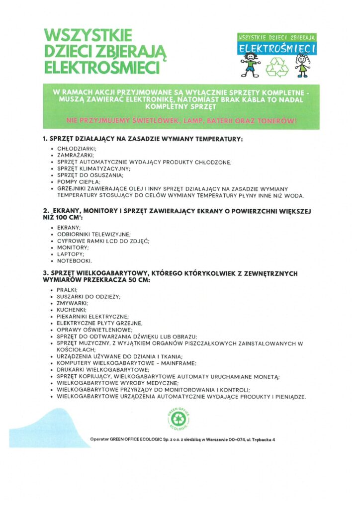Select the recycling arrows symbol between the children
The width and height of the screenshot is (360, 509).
[276, 67]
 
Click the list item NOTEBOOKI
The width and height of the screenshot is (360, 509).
[75, 260]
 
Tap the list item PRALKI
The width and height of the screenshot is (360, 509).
[67, 289]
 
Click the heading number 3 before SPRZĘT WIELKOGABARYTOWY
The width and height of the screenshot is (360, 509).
[45, 273]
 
